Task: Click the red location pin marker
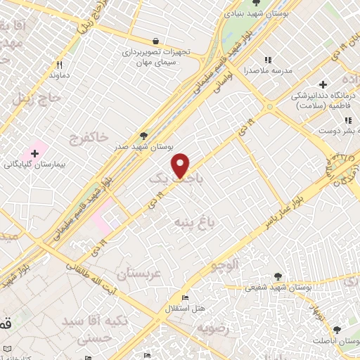(x=181, y=165)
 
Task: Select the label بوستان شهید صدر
(x=143, y=147)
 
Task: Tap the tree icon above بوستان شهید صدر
(x=144, y=136)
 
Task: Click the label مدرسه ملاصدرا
(x=266, y=71)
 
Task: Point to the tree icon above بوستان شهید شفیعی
(x=278, y=276)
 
